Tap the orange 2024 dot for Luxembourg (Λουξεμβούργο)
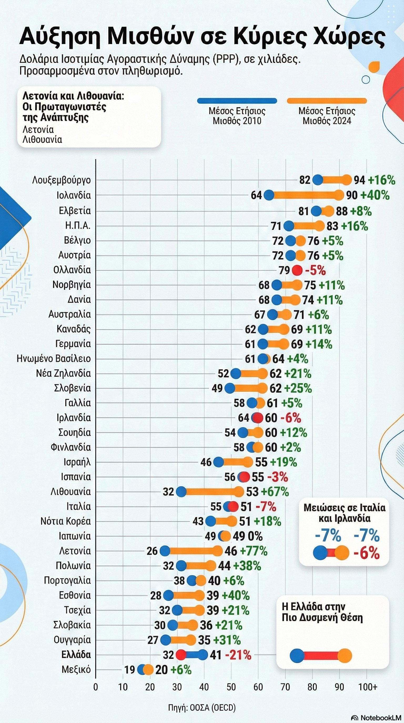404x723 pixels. [x=347, y=180]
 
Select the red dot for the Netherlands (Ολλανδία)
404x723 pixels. [x=297, y=271]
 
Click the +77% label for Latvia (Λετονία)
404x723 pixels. [x=254, y=551]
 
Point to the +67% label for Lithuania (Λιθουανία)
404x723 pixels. [x=275, y=492]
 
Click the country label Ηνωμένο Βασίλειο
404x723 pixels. [x=54, y=359]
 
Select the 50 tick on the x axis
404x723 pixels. [x=231, y=687]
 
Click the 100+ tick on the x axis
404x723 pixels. [x=368, y=687]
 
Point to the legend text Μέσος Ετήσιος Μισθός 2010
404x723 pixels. [x=237, y=116]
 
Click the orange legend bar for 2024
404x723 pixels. [x=327, y=101]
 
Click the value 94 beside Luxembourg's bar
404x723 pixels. [x=359, y=180]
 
